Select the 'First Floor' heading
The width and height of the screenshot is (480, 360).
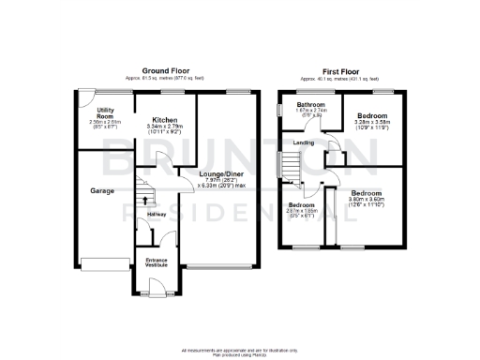(340, 70)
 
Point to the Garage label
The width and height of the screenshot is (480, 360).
(102, 190)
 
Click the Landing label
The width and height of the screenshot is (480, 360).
(303, 142)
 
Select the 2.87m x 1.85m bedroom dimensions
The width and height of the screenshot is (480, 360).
(300, 212)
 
